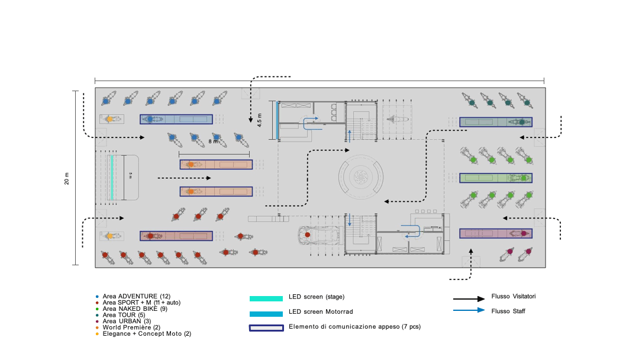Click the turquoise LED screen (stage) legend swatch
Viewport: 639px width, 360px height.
coord(266,299)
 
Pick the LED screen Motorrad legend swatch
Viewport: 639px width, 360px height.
coord(266,314)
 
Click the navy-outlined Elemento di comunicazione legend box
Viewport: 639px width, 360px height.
coord(266,328)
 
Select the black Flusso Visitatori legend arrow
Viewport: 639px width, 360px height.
coord(469,299)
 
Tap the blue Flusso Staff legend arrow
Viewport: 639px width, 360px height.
coord(469,310)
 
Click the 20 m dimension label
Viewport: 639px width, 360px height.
coord(67,179)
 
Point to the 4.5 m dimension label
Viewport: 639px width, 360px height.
coord(260,120)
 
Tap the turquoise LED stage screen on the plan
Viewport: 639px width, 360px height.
coord(112,178)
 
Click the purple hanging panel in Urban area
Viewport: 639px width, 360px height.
coord(496,234)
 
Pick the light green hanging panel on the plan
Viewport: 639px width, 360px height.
coord(496,178)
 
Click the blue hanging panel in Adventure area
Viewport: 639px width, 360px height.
coord(176,119)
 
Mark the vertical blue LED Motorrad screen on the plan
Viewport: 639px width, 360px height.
coord(277,120)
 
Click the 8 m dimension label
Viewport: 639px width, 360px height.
coord(213,142)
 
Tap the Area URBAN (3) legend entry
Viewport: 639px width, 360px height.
coord(127,322)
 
